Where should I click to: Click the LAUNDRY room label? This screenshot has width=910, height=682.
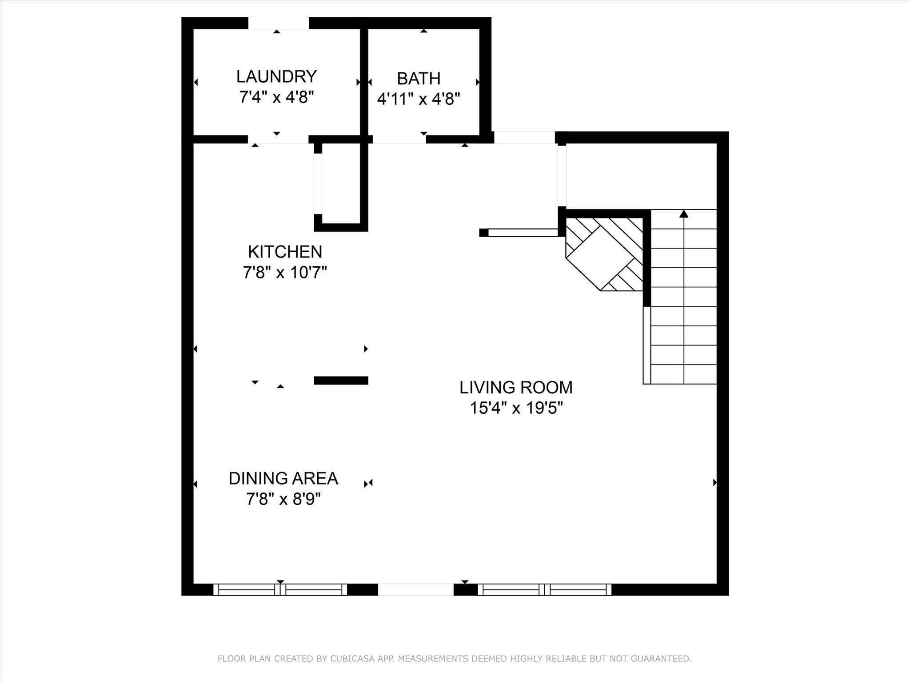coord(276,76)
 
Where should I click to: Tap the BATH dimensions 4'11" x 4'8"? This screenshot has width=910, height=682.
coord(418,99)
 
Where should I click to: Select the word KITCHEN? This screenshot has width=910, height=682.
coord(285,252)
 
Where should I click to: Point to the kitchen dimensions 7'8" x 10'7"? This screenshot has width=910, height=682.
coord(285,272)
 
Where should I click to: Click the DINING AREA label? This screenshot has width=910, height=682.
coord(283,479)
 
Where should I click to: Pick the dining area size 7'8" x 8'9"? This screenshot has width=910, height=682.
coord(283,500)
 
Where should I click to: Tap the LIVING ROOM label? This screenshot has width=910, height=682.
coord(516,388)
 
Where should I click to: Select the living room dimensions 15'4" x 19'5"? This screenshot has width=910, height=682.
coord(516,408)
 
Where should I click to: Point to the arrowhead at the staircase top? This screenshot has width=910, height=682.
coord(684,214)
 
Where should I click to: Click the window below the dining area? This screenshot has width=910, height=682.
coord(280,590)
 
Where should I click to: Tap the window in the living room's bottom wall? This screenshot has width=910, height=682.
coord(544,590)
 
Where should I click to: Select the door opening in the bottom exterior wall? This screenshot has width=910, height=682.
coord(415,590)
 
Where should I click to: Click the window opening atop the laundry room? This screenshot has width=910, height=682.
coord(278,23)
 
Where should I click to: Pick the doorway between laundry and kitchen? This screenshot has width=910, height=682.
coord(278,139)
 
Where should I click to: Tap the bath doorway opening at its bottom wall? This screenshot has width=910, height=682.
coord(399,139)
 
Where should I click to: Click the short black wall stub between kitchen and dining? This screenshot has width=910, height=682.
coord(341,381)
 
